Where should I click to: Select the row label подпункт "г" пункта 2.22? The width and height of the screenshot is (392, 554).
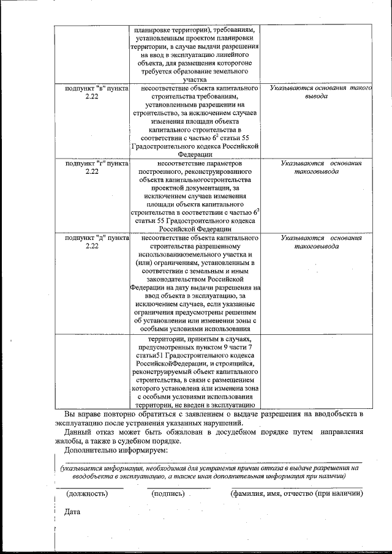point(92,168)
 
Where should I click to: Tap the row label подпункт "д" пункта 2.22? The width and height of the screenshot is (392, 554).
point(92,241)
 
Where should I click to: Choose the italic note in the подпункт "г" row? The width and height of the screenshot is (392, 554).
point(321,168)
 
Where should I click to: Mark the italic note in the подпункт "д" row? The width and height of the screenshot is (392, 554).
point(321,241)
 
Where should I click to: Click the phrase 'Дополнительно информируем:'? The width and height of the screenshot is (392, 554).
point(116,450)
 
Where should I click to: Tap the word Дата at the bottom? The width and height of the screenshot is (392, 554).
point(64,512)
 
